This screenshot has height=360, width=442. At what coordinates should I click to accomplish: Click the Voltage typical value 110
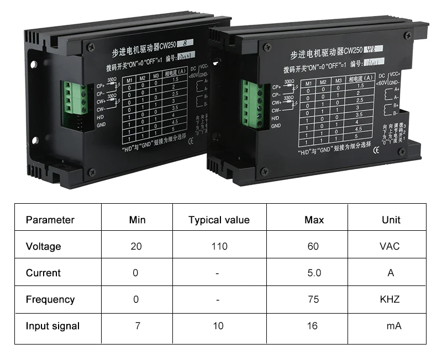click(x=219, y=246)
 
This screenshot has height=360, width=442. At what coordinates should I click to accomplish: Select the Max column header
click(x=314, y=220)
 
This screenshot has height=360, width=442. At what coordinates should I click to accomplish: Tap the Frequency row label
click(x=50, y=299)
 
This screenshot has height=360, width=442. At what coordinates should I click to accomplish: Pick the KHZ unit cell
click(x=390, y=299)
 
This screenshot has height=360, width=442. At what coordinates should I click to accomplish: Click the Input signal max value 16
click(x=313, y=326)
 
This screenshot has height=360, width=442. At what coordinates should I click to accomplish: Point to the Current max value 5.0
click(x=313, y=273)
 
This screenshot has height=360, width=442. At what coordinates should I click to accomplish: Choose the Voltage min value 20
click(x=136, y=246)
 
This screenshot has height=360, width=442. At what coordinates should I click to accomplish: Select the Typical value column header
click(x=219, y=220)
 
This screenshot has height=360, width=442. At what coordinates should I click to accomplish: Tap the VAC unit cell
click(x=390, y=246)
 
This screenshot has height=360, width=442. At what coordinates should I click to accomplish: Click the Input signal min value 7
click(x=138, y=326)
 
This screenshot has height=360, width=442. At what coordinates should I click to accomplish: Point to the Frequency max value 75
click(x=313, y=299)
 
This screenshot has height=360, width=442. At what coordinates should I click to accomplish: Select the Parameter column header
click(x=50, y=220)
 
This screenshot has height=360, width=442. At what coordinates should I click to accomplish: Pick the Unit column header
click(x=391, y=220)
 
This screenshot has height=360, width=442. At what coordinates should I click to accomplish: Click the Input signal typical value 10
click(x=218, y=326)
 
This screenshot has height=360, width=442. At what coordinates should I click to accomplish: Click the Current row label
click(x=43, y=273)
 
